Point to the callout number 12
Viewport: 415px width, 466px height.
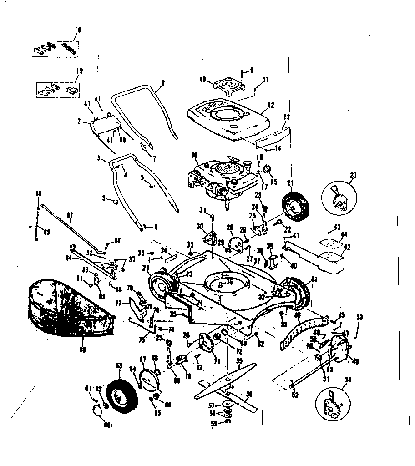271,106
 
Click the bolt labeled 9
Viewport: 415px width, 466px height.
243,72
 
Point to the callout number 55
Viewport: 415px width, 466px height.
238,360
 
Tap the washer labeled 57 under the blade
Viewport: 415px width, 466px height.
226,404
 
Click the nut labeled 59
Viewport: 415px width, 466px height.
228,422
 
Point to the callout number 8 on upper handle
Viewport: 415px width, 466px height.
162,83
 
